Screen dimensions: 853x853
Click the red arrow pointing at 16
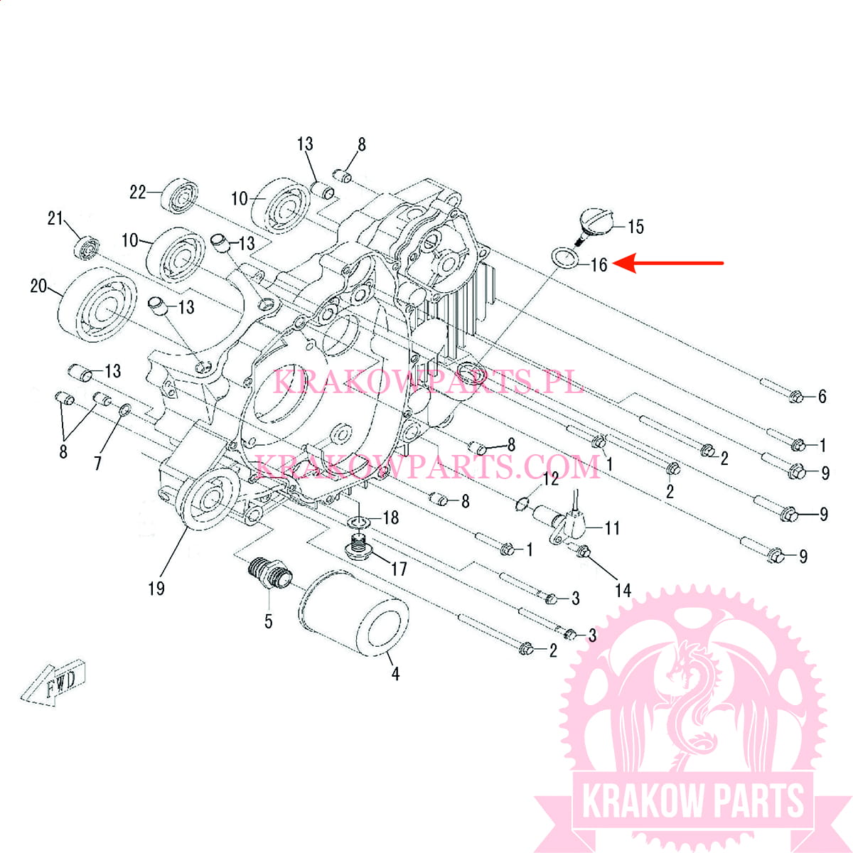coord(668,263)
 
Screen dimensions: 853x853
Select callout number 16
coord(599,264)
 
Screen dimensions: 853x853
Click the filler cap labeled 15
coord(596,226)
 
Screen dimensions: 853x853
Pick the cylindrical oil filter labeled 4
coord(353,612)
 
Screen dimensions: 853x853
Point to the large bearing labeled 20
coord(97,304)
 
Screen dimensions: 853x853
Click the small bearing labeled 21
coord(87,249)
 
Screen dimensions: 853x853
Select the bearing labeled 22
coord(179,196)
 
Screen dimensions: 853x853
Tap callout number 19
coord(156,589)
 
